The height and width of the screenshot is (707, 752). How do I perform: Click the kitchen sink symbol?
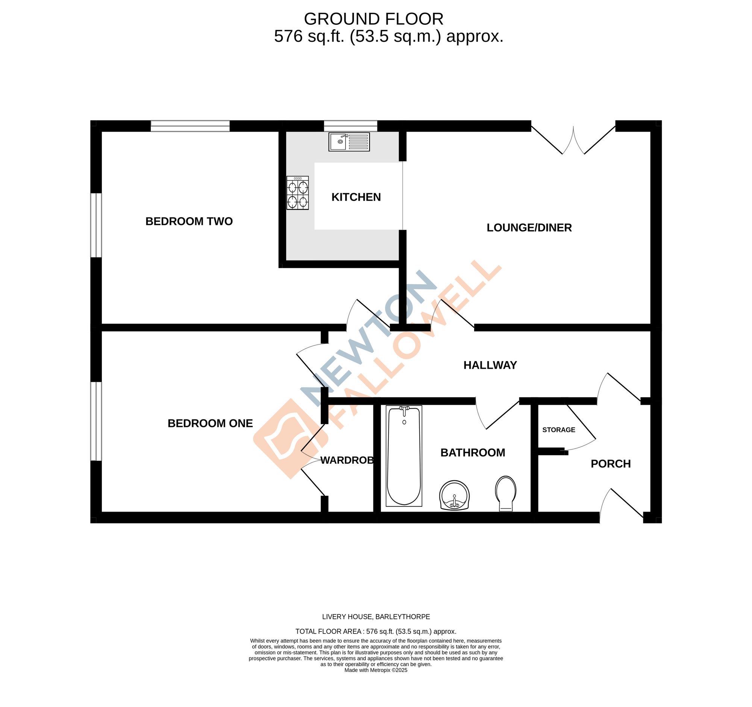click(349, 142)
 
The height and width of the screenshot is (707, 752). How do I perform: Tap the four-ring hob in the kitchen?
click(297, 193)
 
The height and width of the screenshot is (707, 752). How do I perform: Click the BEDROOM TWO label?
click(189, 221)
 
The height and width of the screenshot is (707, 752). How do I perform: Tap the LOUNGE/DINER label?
click(529, 228)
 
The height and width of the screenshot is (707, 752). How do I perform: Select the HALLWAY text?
click(490, 365)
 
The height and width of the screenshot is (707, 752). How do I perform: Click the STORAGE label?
click(558, 430)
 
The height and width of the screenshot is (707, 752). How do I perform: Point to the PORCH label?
click(611, 464)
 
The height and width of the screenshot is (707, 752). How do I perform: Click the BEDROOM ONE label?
click(210, 424)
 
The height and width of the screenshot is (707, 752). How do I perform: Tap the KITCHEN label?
click(356, 197)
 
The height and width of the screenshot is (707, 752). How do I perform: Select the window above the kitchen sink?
click(350, 126)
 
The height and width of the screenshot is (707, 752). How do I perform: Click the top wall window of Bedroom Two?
click(190, 126)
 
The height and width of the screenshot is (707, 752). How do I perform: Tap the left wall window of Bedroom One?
click(96, 421)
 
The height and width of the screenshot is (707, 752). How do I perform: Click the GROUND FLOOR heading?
click(373, 19)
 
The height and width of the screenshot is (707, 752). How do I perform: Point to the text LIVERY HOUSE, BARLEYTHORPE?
click(376, 617)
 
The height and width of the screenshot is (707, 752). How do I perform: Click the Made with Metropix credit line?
click(376, 681)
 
